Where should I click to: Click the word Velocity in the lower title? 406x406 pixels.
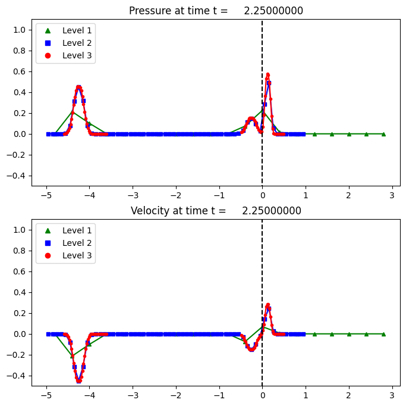151,211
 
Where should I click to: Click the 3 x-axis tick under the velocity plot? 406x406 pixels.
392,394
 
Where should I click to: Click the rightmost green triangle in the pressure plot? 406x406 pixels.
383,134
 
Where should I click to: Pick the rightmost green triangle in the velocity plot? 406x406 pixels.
383,334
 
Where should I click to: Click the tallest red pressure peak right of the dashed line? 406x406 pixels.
267,74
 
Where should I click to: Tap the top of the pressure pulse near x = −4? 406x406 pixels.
78,87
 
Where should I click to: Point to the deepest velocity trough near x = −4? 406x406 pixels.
78,381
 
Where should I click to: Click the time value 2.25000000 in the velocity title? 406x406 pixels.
272,211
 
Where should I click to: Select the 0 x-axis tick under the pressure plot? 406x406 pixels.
262,194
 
